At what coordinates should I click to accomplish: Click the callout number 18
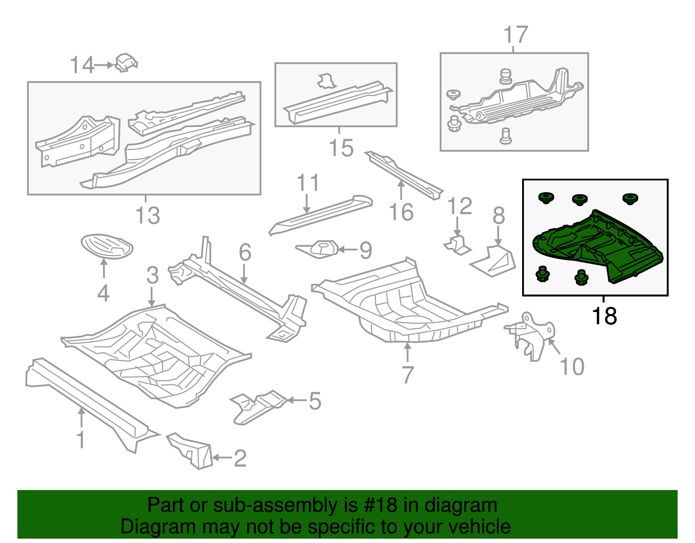coord(604,316)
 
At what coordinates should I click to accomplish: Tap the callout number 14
coord(82,65)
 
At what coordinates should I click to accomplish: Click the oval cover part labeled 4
coord(107,246)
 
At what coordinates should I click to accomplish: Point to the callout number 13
coord(148,216)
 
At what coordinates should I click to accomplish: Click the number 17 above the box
coord(516,35)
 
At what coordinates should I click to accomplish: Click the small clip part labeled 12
coord(457,245)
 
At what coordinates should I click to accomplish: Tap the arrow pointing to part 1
coord(81,417)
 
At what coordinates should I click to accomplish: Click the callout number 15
coord(341,148)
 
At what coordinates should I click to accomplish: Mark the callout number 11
coord(308,183)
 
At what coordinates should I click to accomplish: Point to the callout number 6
coord(245,252)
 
